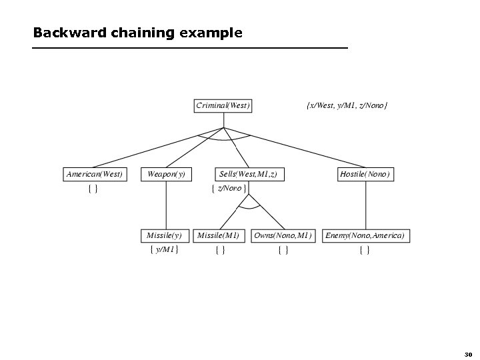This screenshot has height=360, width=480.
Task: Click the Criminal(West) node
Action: tap(223, 105)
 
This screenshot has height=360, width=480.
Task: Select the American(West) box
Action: tap(95, 174)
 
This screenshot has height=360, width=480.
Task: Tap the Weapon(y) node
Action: tap(166, 174)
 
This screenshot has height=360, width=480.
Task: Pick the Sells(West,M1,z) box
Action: tap(247, 174)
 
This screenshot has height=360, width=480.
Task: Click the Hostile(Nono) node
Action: tap(365, 174)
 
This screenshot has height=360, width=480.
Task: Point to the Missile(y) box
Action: tap(164, 235)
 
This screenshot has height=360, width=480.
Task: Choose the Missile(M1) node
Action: tap(219, 235)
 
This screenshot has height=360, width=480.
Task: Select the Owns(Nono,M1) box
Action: tap(283, 235)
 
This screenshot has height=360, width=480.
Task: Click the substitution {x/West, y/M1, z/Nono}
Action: tap(347, 105)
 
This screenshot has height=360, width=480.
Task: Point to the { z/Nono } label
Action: tap(229, 189)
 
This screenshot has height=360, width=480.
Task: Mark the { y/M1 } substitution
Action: tap(164, 250)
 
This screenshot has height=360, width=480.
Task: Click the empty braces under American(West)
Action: tap(93, 189)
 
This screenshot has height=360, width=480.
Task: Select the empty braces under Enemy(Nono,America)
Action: tap(365, 250)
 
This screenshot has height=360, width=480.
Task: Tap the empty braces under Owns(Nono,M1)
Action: tap(283, 250)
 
